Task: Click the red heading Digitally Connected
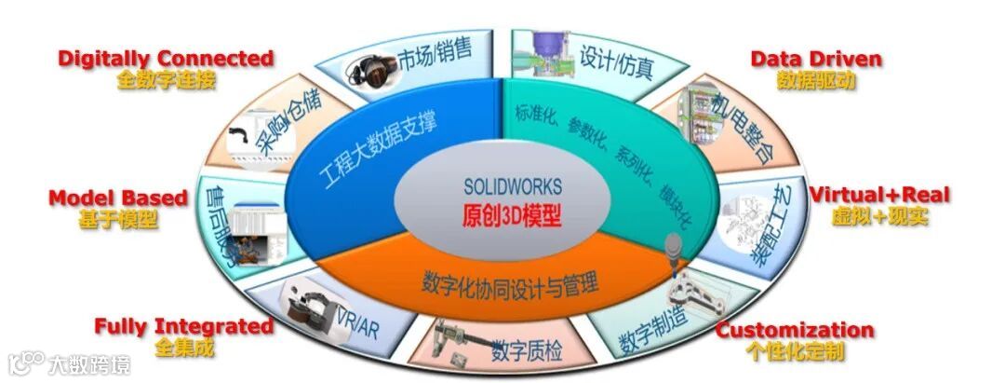point(166,59)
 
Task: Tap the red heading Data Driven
point(816,60)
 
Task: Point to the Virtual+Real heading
point(879,195)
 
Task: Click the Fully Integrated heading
point(183,326)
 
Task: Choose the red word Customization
point(794,330)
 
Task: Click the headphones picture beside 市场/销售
point(377,69)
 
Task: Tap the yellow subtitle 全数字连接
point(166,80)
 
